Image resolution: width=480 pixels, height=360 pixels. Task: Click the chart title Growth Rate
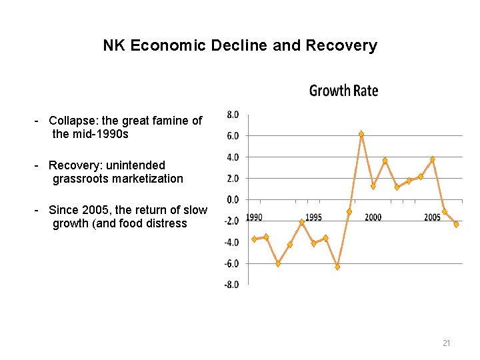pyautogui.click(x=343, y=91)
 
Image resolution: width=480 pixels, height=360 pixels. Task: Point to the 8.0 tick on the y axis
pyautogui.click(x=233, y=115)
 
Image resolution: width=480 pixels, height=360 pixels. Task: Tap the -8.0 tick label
pyautogui.click(x=231, y=285)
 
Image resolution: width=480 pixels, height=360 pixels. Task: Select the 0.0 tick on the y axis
pyautogui.click(x=233, y=199)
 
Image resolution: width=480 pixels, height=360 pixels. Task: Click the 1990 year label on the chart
pyautogui.click(x=254, y=217)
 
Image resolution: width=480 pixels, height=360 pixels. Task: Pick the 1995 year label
pyautogui.click(x=313, y=217)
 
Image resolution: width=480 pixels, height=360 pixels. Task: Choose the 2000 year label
pyautogui.click(x=373, y=217)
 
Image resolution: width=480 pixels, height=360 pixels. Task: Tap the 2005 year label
pyautogui.click(x=432, y=217)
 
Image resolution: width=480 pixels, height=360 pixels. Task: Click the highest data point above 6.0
pyautogui.click(x=361, y=134)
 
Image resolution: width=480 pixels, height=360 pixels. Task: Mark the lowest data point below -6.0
pyautogui.click(x=338, y=267)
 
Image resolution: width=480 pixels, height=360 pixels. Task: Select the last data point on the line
pyautogui.click(x=456, y=224)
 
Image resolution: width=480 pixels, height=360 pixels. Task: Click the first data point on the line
pyautogui.click(x=254, y=239)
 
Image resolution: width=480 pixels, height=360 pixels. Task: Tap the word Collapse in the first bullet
pyautogui.click(x=72, y=121)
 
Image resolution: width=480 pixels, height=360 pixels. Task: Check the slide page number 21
pyautogui.click(x=447, y=343)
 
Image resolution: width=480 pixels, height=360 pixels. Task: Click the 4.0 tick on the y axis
pyautogui.click(x=233, y=157)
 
